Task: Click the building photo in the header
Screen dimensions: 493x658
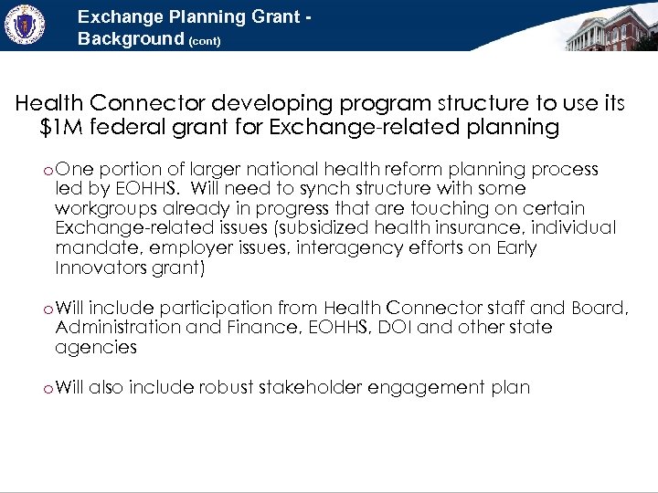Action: click(610, 27)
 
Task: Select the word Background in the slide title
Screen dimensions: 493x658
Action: click(131, 39)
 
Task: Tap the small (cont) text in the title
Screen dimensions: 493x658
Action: click(205, 41)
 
